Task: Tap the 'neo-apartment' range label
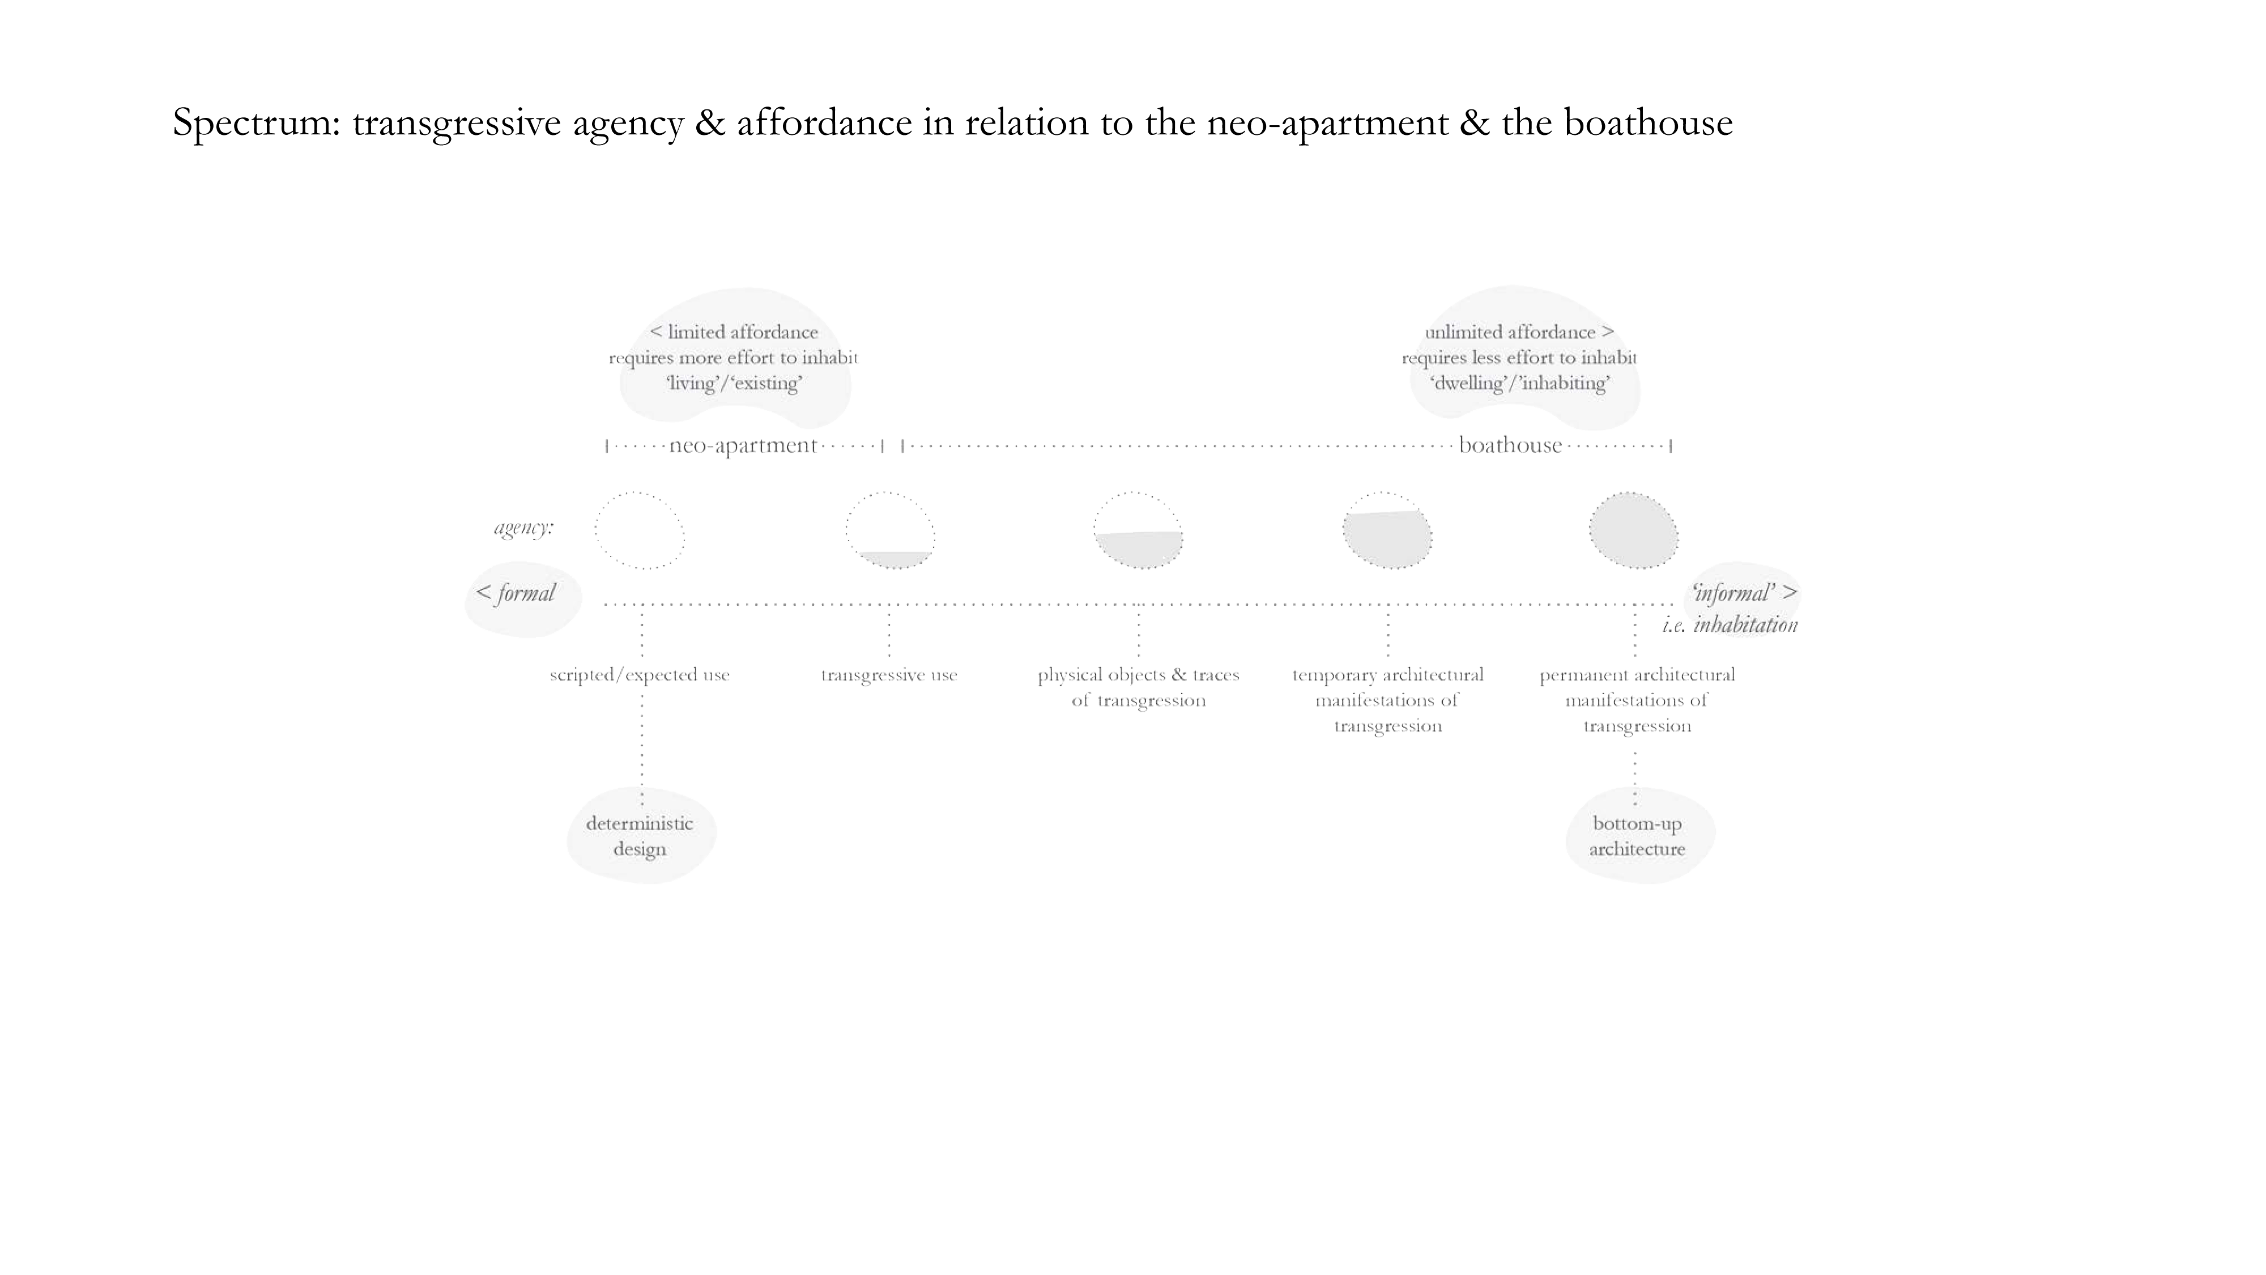pyautogui.click(x=743, y=445)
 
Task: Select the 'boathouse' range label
pyautogui.click(x=1510, y=445)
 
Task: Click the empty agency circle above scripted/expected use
pyautogui.click(x=640, y=530)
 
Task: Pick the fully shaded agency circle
pyautogui.click(x=1634, y=530)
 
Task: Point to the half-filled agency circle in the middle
pyautogui.click(x=1138, y=530)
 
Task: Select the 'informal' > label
pyautogui.click(x=1744, y=593)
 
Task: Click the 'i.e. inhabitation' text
pyautogui.click(x=1730, y=624)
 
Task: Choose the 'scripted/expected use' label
pyautogui.click(x=640, y=675)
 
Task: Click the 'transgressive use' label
pyautogui.click(x=888, y=675)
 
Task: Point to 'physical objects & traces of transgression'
pyautogui.click(x=1138, y=687)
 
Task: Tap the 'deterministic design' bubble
pyautogui.click(x=640, y=836)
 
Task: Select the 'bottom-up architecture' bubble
pyautogui.click(x=1637, y=836)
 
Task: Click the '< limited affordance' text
pyautogui.click(x=734, y=331)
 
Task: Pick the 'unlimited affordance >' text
pyautogui.click(x=1519, y=331)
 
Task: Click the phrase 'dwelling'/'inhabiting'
pyautogui.click(x=1519, y=382)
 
